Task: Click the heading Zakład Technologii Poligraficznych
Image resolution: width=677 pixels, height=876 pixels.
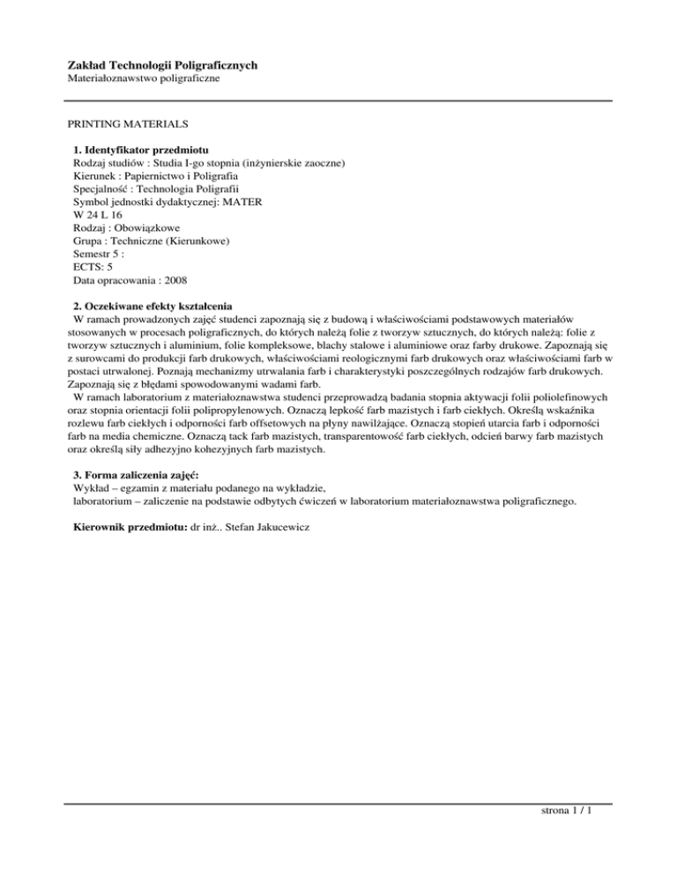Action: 162,65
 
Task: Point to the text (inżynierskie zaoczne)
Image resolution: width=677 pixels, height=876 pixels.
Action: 276,162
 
